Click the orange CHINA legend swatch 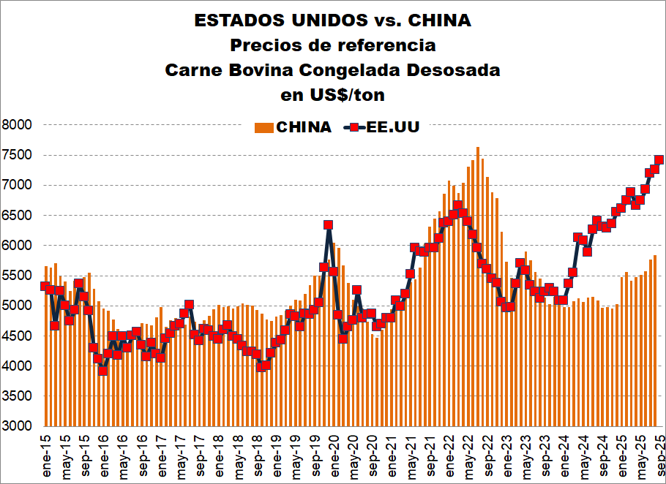pyautogui.click(x=263, y=127)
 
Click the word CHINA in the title pyautogui.click(x=434, y=20)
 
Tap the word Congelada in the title pyautogui.click(x=353, y=70)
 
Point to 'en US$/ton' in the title pyautogui.click(x=333, y=95)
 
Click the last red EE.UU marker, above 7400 pyautogui.click(x=659, y=159)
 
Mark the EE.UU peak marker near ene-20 pyautogui.click(x=328, y=225)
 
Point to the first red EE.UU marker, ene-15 pyautogui.click(x=45, y=286)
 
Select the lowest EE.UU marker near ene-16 pyautogui.click(x=102, y=371)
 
